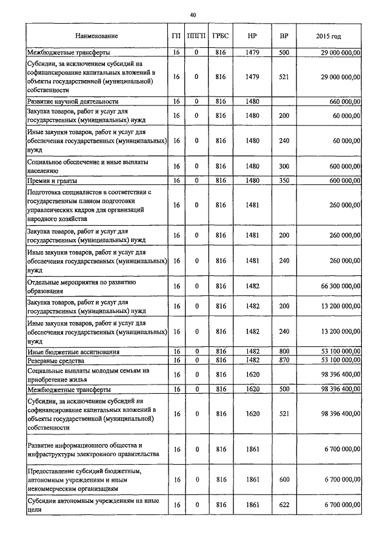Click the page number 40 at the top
(193, 14)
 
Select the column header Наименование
(97, 37)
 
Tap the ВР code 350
(284, 180)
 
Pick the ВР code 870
(284, 360)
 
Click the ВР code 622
(284, 505)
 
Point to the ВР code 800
(284, 351)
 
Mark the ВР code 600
(284, 479)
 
